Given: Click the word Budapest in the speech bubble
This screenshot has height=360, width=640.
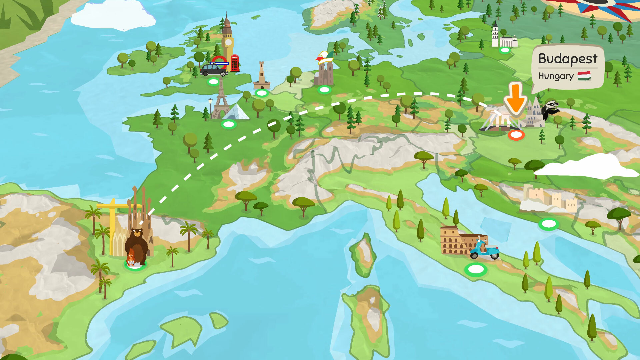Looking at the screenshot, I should click(567, 59).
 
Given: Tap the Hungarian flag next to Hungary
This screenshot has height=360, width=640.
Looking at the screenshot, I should click(584, 76).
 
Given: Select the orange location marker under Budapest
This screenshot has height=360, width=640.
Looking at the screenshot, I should click(516, 135).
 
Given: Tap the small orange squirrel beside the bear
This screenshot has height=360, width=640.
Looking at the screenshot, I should click(130, 258).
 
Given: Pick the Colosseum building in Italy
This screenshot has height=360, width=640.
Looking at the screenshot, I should click(455, 240).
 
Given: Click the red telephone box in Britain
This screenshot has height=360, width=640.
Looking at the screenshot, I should click(235, 63).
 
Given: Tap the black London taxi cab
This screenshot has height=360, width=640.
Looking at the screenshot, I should click(213, 70).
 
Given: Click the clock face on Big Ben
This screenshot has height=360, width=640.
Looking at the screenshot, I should click(228, 42).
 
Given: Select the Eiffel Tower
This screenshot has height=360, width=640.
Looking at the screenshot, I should click(220, 100).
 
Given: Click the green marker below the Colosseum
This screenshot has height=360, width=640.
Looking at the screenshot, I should click(476, 269).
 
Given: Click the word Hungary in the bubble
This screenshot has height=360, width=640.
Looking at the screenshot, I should click(555, 76).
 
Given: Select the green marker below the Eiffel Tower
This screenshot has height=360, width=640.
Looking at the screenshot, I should click(229, 125).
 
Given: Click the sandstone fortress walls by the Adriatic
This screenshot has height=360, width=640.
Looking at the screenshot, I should click(548, 200).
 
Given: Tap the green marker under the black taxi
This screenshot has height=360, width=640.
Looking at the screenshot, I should click(213, 81).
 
